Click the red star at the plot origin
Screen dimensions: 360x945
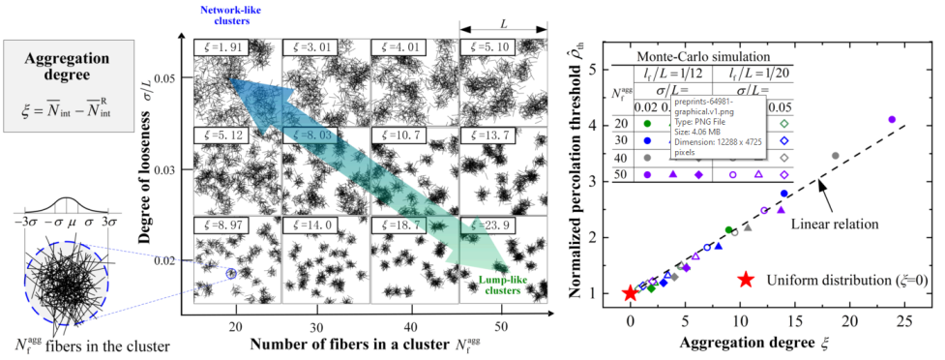click(x=631, y=293)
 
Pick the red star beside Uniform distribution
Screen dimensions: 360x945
click(x=745, y=280)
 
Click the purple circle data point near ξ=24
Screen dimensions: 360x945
click(x=892, y=120)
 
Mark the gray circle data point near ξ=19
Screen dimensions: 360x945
click(x=836, y=156)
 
